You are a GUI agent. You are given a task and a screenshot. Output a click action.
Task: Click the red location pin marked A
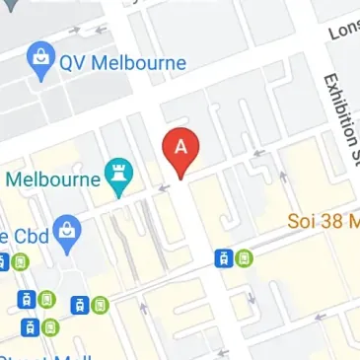[x=180, y=149]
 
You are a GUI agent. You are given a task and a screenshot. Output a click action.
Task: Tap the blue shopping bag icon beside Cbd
[x=67, y=233]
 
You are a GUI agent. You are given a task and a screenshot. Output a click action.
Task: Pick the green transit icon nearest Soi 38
[x=245, y=258]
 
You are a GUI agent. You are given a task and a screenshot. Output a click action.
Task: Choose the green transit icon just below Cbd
[x=21, y=262]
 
